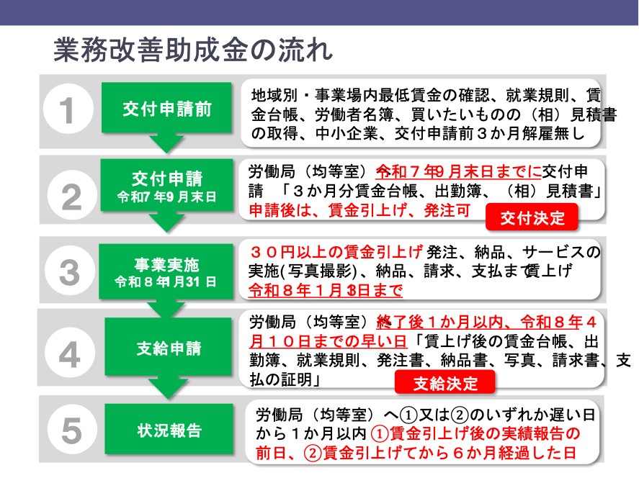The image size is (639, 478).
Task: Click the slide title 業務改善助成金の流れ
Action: (x=193, y=50)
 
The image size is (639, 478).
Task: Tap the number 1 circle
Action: (x=68, y=109)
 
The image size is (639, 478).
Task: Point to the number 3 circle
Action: (x=70, y=271)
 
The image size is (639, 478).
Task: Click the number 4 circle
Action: (x=70, y=353)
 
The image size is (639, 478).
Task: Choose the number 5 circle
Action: (x=72, y=429)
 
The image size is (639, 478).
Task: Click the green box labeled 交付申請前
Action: (x=166, y=108)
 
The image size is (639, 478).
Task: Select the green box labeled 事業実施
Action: (x=166, y=271)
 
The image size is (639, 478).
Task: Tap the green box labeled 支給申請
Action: (x=169, y=347)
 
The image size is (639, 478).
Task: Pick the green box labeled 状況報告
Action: (x=169, y=429)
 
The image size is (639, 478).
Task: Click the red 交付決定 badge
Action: (x=532, y=218)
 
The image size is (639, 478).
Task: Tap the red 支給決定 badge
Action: (x=445, y=383)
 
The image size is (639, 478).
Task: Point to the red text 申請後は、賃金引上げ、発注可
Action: (x=360, y=210)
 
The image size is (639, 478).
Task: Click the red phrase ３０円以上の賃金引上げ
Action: (x=336, y=253)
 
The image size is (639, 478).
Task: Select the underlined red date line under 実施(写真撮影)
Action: (x=326, y=290)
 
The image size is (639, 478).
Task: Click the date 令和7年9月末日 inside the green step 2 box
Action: (x=166, y=197)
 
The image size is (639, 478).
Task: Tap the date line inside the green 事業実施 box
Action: (x=166, y=281)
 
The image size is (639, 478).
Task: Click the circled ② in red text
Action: (x=312, y=453)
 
